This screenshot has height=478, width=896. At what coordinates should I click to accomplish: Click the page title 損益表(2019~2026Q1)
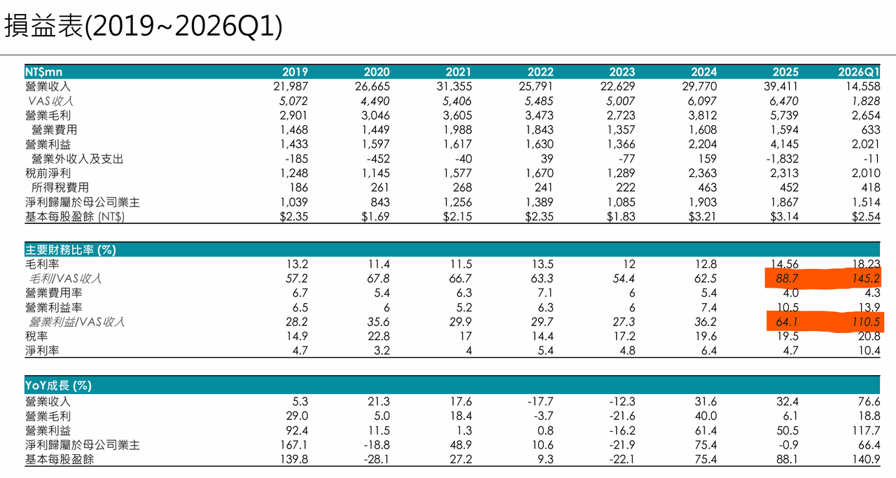click(x=143, y=27)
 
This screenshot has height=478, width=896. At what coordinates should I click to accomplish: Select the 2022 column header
click(x=540, y=72)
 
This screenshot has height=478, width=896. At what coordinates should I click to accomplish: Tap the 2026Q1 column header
click(x=859, y=72)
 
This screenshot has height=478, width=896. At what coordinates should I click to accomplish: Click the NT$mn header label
click(x=43, y=72)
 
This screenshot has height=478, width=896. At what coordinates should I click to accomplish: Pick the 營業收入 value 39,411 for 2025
click(x=780, y=86)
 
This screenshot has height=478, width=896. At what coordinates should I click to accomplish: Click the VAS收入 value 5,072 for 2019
click(x=293, y=101)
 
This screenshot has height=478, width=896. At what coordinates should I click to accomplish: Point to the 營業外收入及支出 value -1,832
click(x=782, y=159)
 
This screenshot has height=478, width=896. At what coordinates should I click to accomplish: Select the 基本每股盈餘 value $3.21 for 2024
click(x=702, y=216)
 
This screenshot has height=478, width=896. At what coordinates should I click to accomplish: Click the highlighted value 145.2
click(x=866, y=279)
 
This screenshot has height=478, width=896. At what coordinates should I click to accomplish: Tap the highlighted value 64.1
click(x=786, y=322)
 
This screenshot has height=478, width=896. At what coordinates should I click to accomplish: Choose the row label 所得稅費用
click(x=60, y=188)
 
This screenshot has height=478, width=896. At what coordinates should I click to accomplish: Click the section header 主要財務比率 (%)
click(x=71, y=250)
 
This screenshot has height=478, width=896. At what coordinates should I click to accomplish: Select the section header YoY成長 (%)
click(x=58, y=386)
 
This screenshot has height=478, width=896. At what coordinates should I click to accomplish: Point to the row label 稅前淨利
click(x=48, y=173)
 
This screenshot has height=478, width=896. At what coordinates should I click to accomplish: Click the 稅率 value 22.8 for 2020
click(x=379, y=337)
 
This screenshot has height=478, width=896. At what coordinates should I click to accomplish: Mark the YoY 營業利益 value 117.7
click(x=866, y=431)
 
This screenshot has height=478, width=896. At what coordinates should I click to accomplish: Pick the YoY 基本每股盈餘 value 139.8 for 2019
click(x=294, y=459)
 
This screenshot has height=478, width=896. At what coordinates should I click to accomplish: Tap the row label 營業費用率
click(x=54, y=293)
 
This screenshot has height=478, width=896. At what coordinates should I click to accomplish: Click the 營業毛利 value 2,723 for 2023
click(x=621, y=115)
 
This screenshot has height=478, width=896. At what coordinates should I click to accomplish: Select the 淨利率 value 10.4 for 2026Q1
click(x=869, y=351)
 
